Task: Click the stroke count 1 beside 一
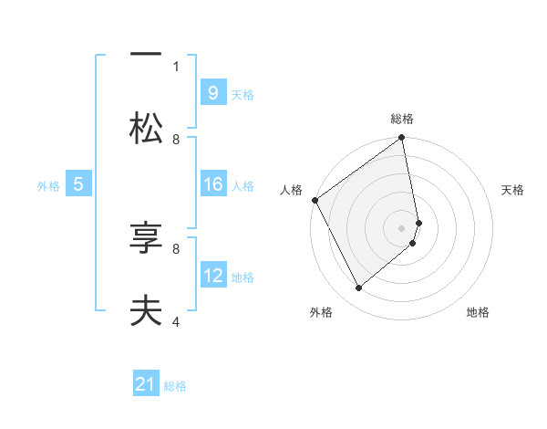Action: coord(176,66)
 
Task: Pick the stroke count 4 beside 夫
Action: coord(176,321)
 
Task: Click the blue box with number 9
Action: coord(212,92)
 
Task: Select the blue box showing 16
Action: coord(212,184)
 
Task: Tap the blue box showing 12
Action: coord(212,276)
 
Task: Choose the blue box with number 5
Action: coord(78,184)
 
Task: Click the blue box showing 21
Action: coord(146,385)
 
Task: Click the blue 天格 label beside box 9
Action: coord(243,94)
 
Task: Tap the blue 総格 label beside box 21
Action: coord(175,387)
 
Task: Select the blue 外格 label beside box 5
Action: coord(48,186)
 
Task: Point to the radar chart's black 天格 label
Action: coord(513,190)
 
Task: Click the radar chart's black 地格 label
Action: coord(478,312)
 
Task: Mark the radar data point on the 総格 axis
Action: coord(402,139)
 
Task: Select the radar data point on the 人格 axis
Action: coord(315,200)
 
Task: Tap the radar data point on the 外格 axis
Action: coord(358,288)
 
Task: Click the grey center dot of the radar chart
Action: coord(402,228)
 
